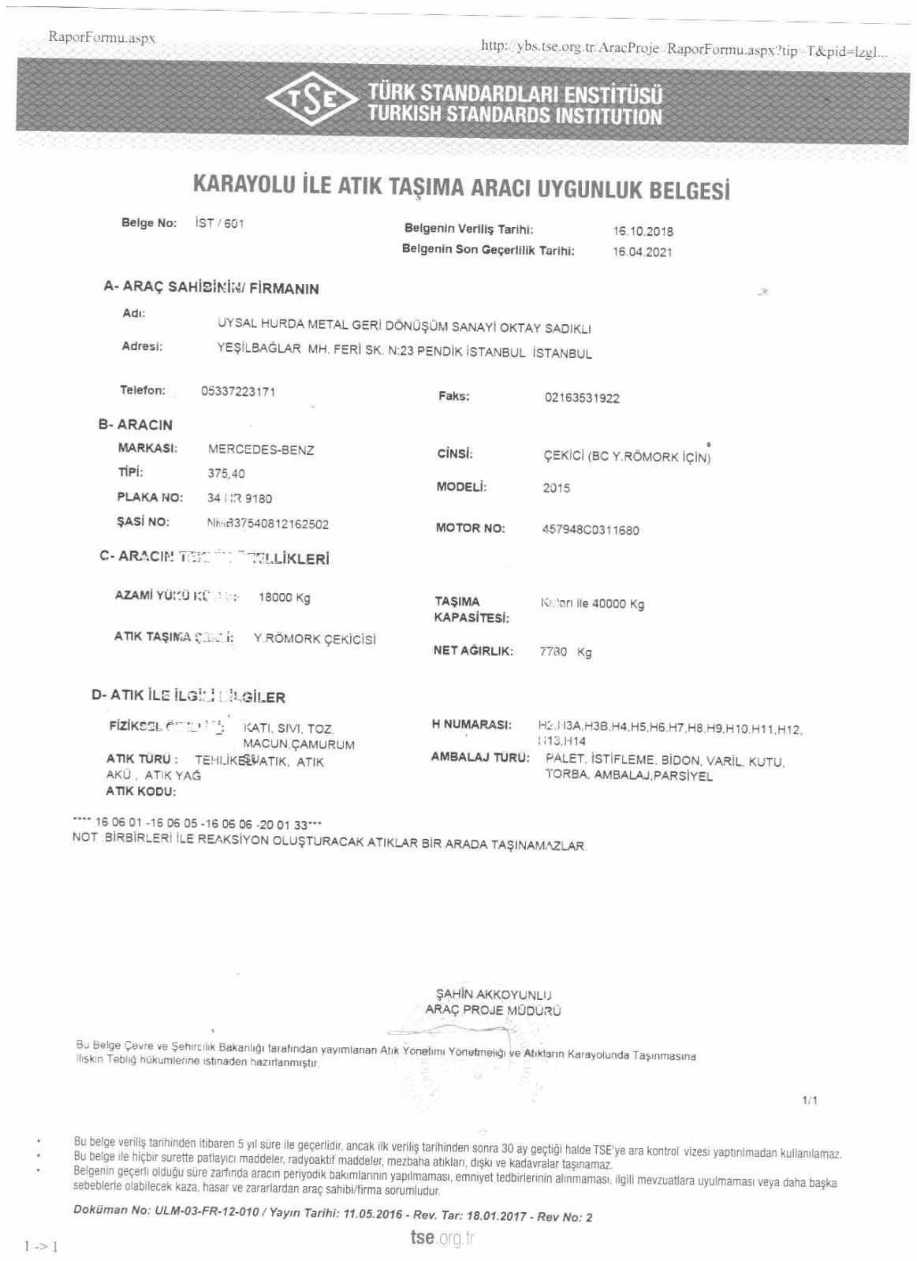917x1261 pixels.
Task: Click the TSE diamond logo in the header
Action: tap(313, 100)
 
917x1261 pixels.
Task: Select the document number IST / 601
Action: tap(219, 223)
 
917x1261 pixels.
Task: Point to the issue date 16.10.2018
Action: tap(643, 231)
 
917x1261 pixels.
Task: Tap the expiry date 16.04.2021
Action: tap(643, 252)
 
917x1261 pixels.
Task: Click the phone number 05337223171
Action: tap(238, 392)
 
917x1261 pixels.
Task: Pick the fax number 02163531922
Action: tap(582, 398)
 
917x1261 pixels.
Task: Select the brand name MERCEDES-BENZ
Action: tap(261, 450)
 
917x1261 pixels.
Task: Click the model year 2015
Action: tap(556, 488)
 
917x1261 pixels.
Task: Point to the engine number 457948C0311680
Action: tap(590, 530)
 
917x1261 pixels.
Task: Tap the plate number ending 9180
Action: tap(240, 498)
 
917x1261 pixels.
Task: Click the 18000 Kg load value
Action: tap(284, 598)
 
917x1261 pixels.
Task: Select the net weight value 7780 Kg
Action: tap(565, 652)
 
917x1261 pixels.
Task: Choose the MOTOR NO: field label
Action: tap(470, 528)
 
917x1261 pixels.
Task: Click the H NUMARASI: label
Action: tap(472, 724)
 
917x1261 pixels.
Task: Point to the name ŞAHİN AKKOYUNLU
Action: tap(494, 994)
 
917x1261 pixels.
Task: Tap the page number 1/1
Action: tap(810, 1100)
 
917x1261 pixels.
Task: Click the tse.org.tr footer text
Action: tap(442, 1237)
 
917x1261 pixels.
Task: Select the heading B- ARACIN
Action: tap(136, 424)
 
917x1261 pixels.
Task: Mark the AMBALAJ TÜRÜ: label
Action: tap(479, 757)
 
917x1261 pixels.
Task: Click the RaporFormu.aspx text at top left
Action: tap(102, 37)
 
